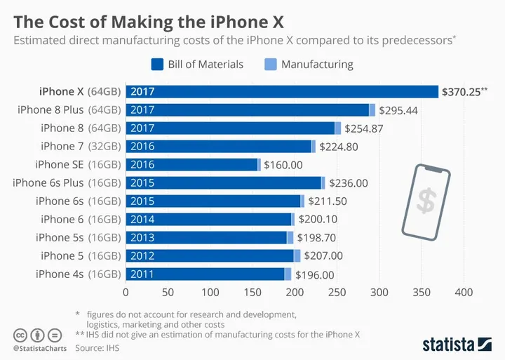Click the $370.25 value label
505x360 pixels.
click(x=464, y=91)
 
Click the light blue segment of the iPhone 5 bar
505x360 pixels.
click(x=297, y=255)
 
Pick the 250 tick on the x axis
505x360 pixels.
click(x=337, y=291)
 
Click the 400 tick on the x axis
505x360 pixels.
click(x=464, y=291)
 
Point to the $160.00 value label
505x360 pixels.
click(x=283, y=164)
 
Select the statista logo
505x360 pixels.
click(x=457, y=344)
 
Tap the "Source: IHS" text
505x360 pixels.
click(x=98, y=347)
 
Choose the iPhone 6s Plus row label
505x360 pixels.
click(x=67, y=182)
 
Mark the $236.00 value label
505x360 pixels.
click(x=348, y=182)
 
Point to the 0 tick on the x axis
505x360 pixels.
click(x=126, y=291)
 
